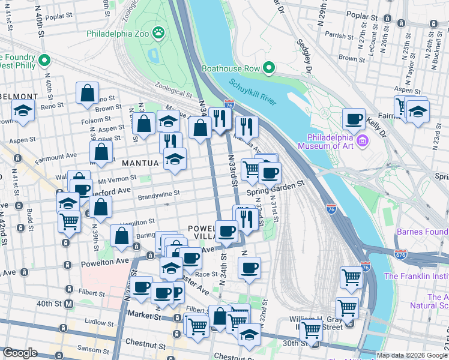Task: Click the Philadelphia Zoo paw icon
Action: point(159,33)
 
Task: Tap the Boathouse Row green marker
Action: point(268,68)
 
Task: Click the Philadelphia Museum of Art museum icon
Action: point(363,141)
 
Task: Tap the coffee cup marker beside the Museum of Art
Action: point(354,118)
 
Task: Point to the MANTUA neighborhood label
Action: point(140,163)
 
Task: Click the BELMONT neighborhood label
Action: point(19,96)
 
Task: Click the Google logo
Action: point(20,353)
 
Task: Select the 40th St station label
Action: point(48,304)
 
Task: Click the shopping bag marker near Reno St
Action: point(87,94)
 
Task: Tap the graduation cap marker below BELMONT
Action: point(23,112)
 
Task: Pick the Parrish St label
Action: point(339,35)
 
